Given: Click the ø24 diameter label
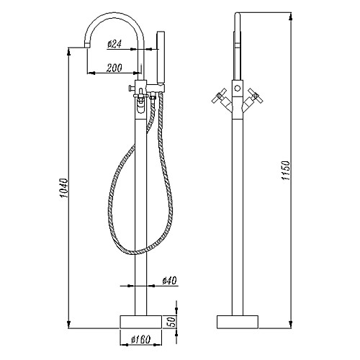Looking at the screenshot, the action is pyautogui.click(x=114, y=44).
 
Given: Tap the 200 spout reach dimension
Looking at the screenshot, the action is pyautogui.click(x=114, y=68).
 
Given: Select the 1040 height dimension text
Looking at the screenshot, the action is pyautogui.click(x=64, y=188).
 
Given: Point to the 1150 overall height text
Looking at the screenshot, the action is pyautogui.click(x=286, y=171).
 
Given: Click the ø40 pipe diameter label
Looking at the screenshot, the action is pyautogui.click(x=169, y=280).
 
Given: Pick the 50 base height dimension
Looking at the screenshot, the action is pyautogui.click(x=173, y=322).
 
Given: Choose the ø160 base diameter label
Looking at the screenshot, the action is pyautogui.click(x=140, y=339).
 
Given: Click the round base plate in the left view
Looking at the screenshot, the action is pyautogui.click(x=140, y=322).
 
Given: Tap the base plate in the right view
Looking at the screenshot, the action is pyautogui.click(x=238, y=322).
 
